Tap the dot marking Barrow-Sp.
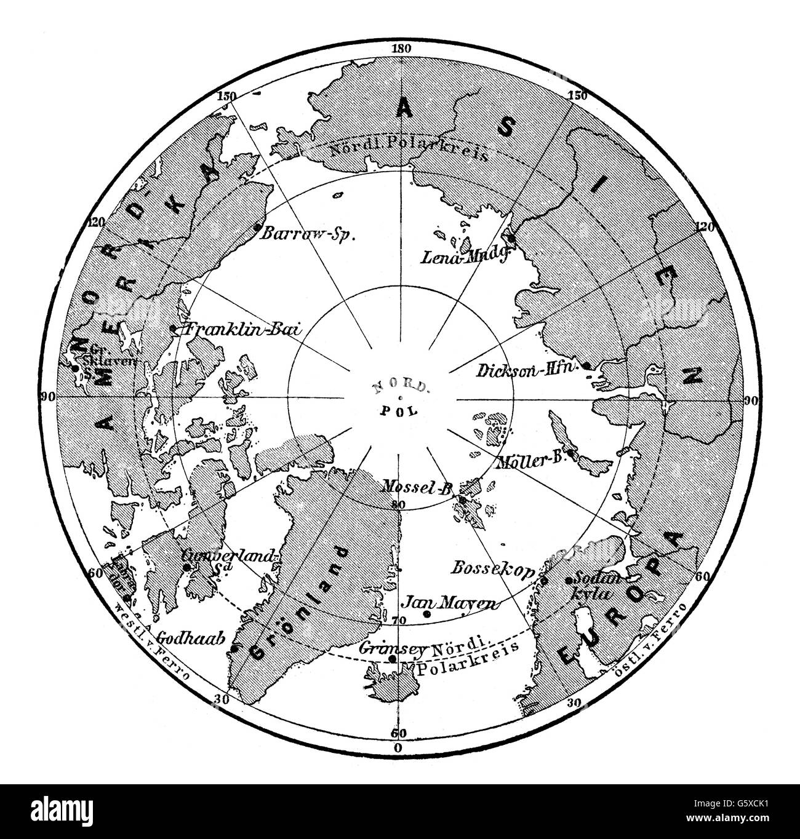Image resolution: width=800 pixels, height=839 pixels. point(257,227)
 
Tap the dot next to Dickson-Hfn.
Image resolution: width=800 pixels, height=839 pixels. point(587,366)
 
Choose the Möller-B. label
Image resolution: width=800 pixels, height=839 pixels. point(534,462)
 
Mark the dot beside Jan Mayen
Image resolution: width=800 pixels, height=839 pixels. point(426,613)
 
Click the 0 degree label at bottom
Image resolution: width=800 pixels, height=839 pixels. point(397,748)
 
